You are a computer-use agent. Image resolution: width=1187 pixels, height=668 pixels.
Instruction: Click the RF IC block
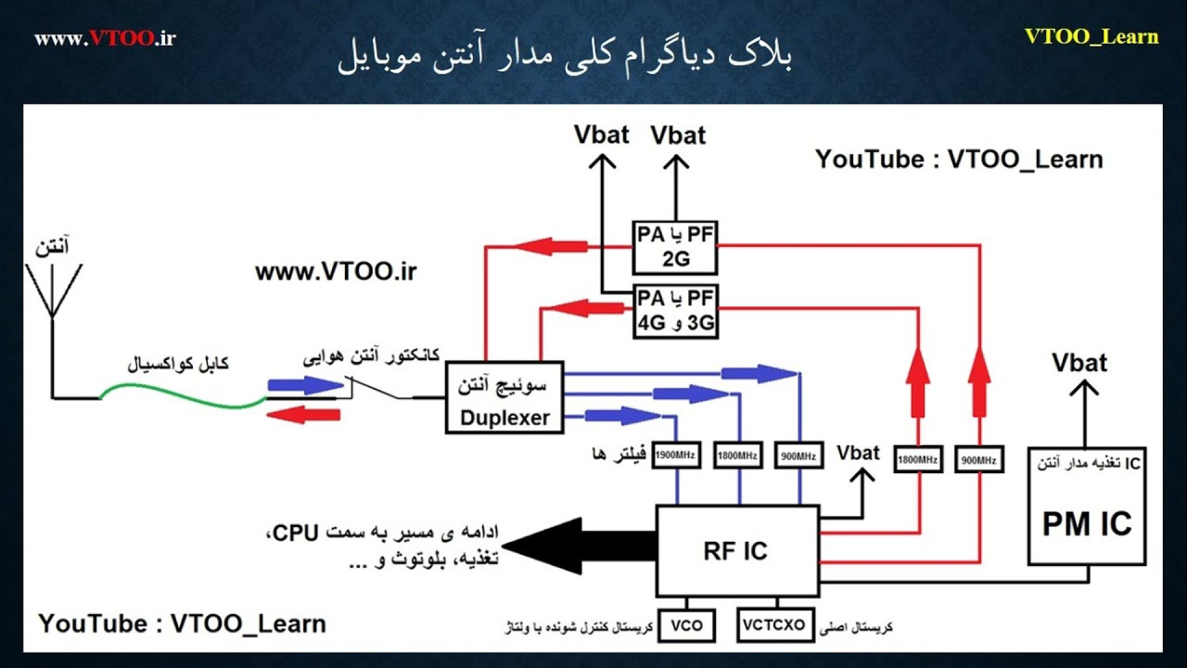point(737,550)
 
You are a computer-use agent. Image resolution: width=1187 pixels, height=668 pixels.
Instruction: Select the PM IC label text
point(1087,524)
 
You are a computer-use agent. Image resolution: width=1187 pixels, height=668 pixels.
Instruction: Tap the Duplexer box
point(504,398)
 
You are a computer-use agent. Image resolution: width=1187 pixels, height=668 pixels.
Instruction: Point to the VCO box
point(686,625)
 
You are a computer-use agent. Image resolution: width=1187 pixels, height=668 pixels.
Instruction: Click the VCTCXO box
point(774,625)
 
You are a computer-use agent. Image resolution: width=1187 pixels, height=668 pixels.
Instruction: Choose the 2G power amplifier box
point(675,247)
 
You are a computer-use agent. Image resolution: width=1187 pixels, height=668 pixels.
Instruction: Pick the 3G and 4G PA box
point(675,312)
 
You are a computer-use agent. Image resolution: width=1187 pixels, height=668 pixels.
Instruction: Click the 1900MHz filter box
point(676,455)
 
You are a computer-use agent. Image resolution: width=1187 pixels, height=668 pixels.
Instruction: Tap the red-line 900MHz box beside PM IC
point(979,460)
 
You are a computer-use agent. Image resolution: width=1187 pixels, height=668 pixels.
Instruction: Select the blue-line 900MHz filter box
point(798,456)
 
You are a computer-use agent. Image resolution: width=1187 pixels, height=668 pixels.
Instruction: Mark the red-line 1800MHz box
point(918,460)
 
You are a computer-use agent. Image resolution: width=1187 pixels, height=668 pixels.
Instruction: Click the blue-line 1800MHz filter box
point(738,456)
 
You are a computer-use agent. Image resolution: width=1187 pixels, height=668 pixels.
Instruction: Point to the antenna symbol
point(53,291)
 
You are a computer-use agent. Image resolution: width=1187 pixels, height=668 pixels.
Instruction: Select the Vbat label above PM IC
point(1079,363)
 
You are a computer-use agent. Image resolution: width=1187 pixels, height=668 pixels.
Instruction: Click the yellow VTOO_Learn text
point(1091,36)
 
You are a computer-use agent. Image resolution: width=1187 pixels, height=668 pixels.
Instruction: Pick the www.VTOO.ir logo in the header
point(105,38)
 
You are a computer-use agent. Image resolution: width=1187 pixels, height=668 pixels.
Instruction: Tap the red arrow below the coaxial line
point(304,414)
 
